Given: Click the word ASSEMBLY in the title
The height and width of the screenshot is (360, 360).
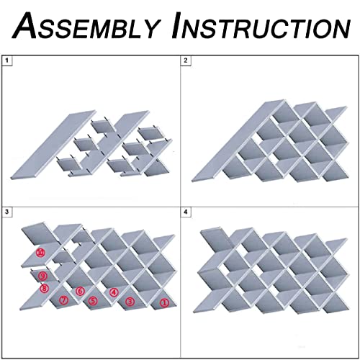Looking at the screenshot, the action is pos(86,25).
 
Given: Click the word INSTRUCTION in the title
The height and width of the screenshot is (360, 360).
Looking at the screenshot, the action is pos(261,25).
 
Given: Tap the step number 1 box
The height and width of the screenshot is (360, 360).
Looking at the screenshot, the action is pos(7,60).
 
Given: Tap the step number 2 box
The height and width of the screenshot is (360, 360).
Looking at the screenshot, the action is pos(186,60).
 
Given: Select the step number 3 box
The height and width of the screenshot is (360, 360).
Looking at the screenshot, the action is pos(7,212).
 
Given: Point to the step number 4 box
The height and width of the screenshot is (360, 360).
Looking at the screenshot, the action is pos(186,212).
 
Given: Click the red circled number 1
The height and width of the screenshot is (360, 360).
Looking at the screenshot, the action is pos(164,302).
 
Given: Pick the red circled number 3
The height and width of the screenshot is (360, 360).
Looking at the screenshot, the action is pos(130,301).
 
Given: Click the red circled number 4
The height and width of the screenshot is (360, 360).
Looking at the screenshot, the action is pos(114,292).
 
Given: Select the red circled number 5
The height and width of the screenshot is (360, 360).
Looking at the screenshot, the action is pos(93,301).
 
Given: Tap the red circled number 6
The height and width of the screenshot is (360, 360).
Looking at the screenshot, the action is pos(80,292).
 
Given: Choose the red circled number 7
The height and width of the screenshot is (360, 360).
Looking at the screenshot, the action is pos(64,300).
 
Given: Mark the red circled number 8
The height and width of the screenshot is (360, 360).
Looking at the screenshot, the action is pos(45,288).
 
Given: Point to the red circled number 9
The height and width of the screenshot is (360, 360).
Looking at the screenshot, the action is pos(42,276).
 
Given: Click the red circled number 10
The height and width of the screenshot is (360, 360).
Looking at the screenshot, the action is pos(40,253).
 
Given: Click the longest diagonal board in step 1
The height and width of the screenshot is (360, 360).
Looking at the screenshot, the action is pos(53,145).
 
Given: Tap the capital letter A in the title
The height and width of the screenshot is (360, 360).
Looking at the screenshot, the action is pos(26,25).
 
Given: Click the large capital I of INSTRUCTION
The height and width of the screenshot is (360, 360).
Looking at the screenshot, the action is pos(178,25).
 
